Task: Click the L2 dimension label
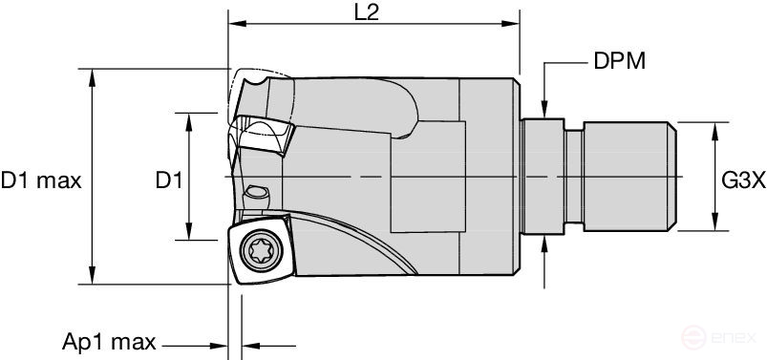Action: [x=367, y=12]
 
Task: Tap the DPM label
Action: [x=620, y=62]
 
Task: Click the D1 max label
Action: [x=41, y=181]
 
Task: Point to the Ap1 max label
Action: [x=109, y=342]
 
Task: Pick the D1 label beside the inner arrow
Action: [x=169, y=181]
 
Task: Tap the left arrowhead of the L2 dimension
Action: [x=237, y=24]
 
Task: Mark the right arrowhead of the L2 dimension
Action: [x=511, y=24]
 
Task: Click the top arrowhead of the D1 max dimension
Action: [x=92, y=77]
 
